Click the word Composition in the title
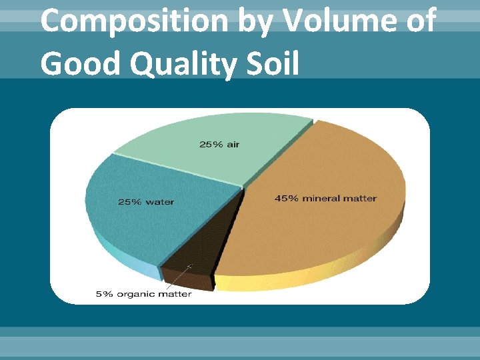point(133,22)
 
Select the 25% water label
point(146,202)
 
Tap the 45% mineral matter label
point(326,198)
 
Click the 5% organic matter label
point(143,295)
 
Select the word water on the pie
point(160,202)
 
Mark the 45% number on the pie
point(286,198)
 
